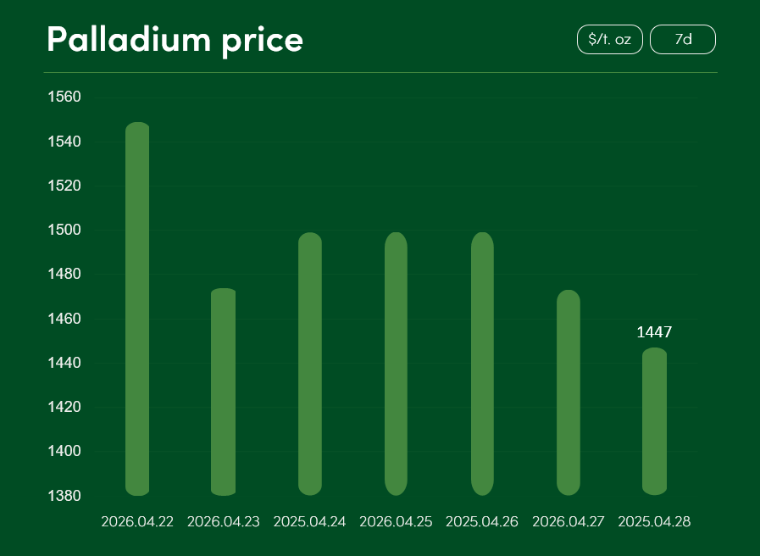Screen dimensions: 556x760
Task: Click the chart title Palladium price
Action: [x=175, y=40]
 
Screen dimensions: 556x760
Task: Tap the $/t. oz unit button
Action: [x=609, y=40]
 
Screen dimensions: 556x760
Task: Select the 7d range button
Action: [x=683, y=40]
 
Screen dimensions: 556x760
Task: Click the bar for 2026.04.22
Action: [x=137, y=309]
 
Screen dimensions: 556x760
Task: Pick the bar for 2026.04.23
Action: [x=223, y=392]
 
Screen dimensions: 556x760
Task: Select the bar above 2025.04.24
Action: [x=310, y=364]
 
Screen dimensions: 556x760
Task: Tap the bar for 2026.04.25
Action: [x=396, y=364]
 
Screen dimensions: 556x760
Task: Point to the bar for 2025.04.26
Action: [x=482, y=364]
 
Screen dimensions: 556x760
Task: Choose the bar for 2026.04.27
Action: [x=569, y=392]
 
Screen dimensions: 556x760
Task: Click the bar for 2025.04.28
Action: [x=654, y=421]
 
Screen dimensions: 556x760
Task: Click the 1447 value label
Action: [x=654, y=332]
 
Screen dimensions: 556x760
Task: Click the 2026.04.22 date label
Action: [x=137, y=522]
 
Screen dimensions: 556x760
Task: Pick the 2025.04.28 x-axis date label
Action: [x=654, y=522]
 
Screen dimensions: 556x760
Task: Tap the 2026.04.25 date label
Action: [x=396, y=522]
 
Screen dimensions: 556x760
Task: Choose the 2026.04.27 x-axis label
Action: [x=569, y=522]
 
